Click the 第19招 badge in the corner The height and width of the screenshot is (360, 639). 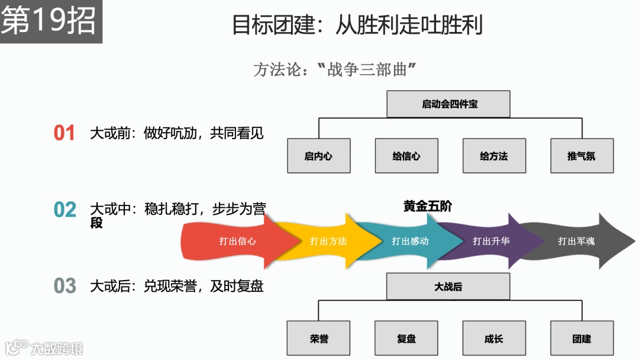(50, 22)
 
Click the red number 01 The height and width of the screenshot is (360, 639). (64, 133)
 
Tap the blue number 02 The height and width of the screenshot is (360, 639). (65, 210)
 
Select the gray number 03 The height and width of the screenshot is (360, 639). (65, 286)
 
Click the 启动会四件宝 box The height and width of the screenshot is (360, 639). (448, 104)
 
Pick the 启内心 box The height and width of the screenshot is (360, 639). (318, 156)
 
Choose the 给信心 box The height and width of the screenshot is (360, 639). (406, 156)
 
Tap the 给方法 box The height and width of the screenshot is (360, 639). (494, 156)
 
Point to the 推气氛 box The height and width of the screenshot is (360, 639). (582, 156)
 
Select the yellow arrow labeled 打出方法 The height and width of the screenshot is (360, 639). (329, 241)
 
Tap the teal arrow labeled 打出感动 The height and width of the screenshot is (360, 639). (411, 241)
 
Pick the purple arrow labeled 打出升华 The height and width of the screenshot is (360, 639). (491, 241)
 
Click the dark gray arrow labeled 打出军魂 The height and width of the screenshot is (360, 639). (577, 241)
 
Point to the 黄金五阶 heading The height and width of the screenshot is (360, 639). (428, 206)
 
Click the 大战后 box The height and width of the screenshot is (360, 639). (448, 287)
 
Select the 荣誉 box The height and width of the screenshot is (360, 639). (318, 338)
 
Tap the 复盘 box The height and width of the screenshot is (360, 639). (406, 338)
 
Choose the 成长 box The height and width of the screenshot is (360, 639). (494, 338)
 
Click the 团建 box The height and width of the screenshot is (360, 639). (582, 338)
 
